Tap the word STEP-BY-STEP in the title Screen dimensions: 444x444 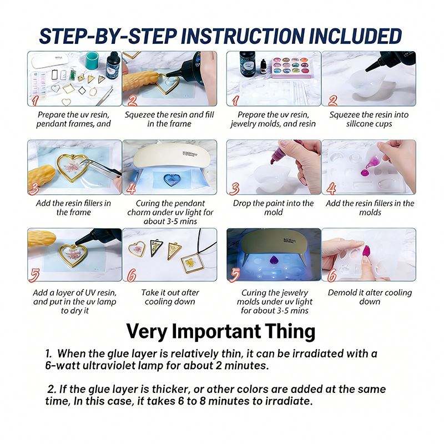108,36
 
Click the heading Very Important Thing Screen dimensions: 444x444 221,331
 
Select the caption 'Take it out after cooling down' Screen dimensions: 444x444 170,297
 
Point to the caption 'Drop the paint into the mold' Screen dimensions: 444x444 273,208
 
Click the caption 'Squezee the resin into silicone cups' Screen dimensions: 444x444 369,119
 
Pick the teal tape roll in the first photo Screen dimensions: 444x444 93,59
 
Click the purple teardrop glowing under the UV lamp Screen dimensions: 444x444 273,260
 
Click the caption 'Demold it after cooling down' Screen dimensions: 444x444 370,297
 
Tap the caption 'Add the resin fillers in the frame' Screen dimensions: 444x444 73,208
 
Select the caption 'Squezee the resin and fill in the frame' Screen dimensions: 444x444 169,119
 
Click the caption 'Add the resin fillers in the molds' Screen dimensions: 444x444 370,208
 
